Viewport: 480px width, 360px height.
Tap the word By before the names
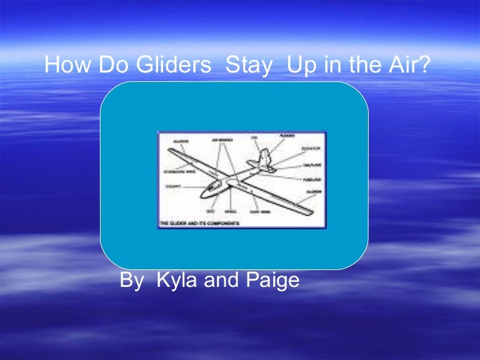[132, 281]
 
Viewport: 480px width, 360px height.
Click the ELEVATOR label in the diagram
[309, 149]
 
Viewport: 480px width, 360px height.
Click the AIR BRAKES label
[222, 141]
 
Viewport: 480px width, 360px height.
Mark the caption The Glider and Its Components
[199, 223]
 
